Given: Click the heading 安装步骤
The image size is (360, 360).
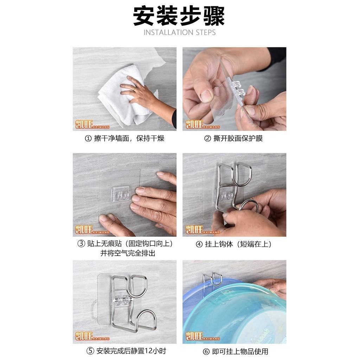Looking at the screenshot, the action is [179, 16].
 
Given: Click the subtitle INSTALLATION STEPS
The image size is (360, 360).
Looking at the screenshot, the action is [180, 32].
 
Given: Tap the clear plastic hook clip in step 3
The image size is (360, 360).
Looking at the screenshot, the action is [120, 194].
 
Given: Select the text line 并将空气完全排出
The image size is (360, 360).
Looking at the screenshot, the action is [128, 253].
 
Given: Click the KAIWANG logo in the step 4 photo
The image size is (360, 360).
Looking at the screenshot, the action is [202, 230].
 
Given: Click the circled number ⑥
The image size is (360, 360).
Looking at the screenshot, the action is [206, 351].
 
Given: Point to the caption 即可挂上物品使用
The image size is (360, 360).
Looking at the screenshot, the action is [240, 351].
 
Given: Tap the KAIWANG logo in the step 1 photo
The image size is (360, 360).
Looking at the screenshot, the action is [92, 124].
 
